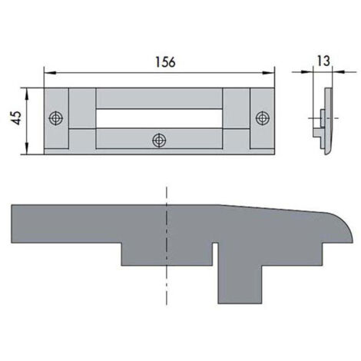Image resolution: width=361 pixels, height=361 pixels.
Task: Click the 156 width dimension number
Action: pos(165,62)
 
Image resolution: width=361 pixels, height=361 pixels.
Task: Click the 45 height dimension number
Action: pos(17,118)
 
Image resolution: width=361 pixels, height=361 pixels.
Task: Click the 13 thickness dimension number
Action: pos(323,61)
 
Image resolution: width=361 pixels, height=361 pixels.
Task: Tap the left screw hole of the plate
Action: pos(56,118)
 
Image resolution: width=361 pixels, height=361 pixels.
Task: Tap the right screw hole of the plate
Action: pos(263,118)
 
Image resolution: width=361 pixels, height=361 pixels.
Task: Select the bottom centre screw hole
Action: pos(159,141)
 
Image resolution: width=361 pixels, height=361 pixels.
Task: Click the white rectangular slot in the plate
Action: pos(159,118)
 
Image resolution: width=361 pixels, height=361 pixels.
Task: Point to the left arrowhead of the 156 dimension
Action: pos(50,73)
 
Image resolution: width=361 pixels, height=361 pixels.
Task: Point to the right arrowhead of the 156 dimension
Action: pos(269,73)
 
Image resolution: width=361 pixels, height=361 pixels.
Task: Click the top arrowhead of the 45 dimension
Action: pos(27,94)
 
